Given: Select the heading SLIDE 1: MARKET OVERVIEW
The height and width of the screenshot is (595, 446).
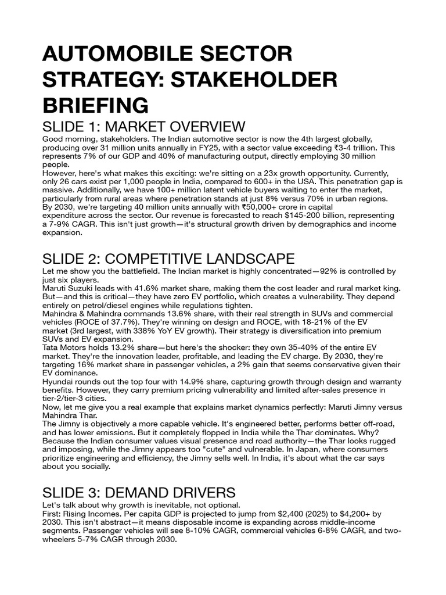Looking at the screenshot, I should (143, 127).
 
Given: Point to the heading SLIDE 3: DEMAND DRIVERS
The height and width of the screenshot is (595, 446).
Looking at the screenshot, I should (139, 493).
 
